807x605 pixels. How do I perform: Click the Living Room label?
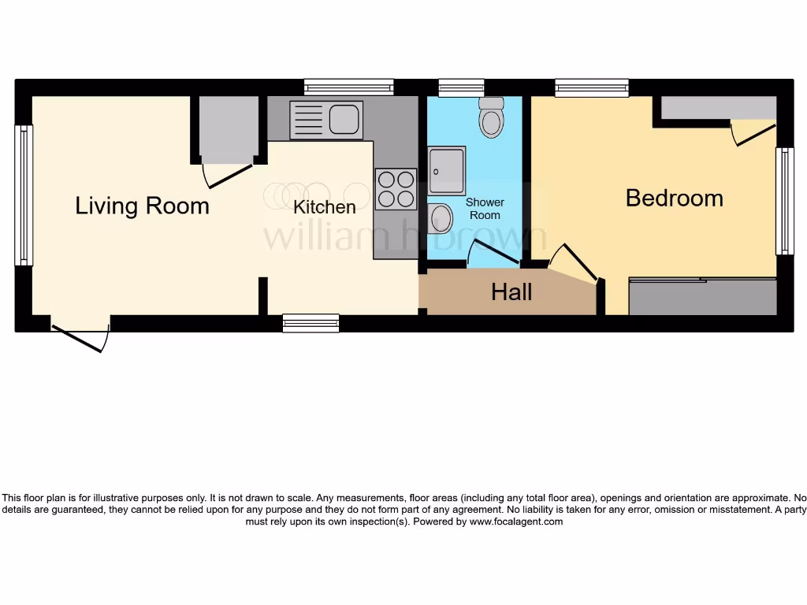(x=142, y=206)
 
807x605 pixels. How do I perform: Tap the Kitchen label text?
(x=325, y=207)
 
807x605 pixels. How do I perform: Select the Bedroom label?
(x=674, y=198)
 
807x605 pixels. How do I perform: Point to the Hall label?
(x=511, y=293)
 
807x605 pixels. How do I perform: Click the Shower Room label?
(x=485, y=209)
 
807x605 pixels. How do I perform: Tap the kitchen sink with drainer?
(x=326, y=121)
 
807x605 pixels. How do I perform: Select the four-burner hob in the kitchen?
(x=396, y=189)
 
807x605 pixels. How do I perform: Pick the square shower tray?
(x=446, y=170)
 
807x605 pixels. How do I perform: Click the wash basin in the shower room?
(x=441, y=217)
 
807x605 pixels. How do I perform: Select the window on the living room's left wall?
(x=24, y=195)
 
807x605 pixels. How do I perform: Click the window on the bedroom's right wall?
(x=784, y=201)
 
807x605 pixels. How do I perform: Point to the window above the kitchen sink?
(x=348, y=87)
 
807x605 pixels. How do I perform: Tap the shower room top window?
(x=461, y=87)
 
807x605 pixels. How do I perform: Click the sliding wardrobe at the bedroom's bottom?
(x=703, y=296)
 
